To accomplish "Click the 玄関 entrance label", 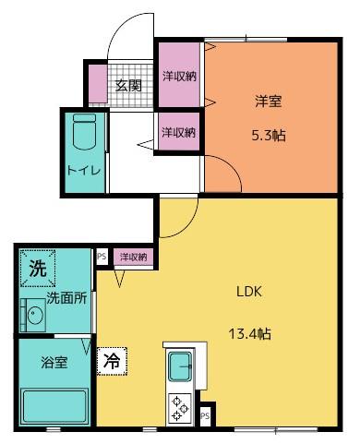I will click(127, 86).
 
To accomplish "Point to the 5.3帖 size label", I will click(269, 135).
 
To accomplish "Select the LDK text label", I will click(250, 292).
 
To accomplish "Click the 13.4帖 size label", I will click(250, 333).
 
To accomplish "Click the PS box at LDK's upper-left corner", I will click(101, 256).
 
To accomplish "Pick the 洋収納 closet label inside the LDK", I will click(133, 257).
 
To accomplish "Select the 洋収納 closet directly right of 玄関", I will click(179, 76).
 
